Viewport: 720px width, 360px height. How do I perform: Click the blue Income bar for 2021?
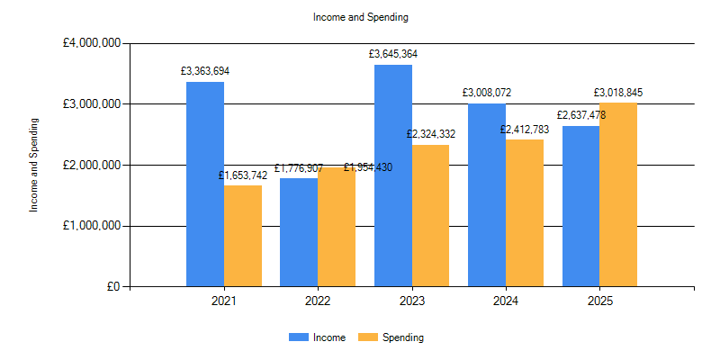pyautogui.click(x=205, y=184)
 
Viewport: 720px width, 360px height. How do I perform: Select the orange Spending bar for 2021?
pyautogui.click(x=243, y=236)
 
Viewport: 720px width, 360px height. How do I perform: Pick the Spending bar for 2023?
pyautogui.click(x=430, y=216)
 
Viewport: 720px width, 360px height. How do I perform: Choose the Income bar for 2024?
pyautogui.click(x=487, y=195)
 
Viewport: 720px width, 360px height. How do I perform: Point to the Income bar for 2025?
pyautogui.click(x=580, y=206)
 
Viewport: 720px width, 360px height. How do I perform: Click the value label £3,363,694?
pyautogui.click(x=205, y=70)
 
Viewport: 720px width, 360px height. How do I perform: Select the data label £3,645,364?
pyautogui.click(x=393, y=54)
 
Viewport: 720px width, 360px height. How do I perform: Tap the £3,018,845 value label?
pyautogui.click(x=618, y=93)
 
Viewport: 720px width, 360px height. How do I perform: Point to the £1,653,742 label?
pyautogui.click(x=243, y=175)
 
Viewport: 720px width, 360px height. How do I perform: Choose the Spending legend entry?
pyautogui.click(x=402, y=337)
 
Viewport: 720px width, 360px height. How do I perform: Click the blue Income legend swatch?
pyautogui.click(x=298, y=337)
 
